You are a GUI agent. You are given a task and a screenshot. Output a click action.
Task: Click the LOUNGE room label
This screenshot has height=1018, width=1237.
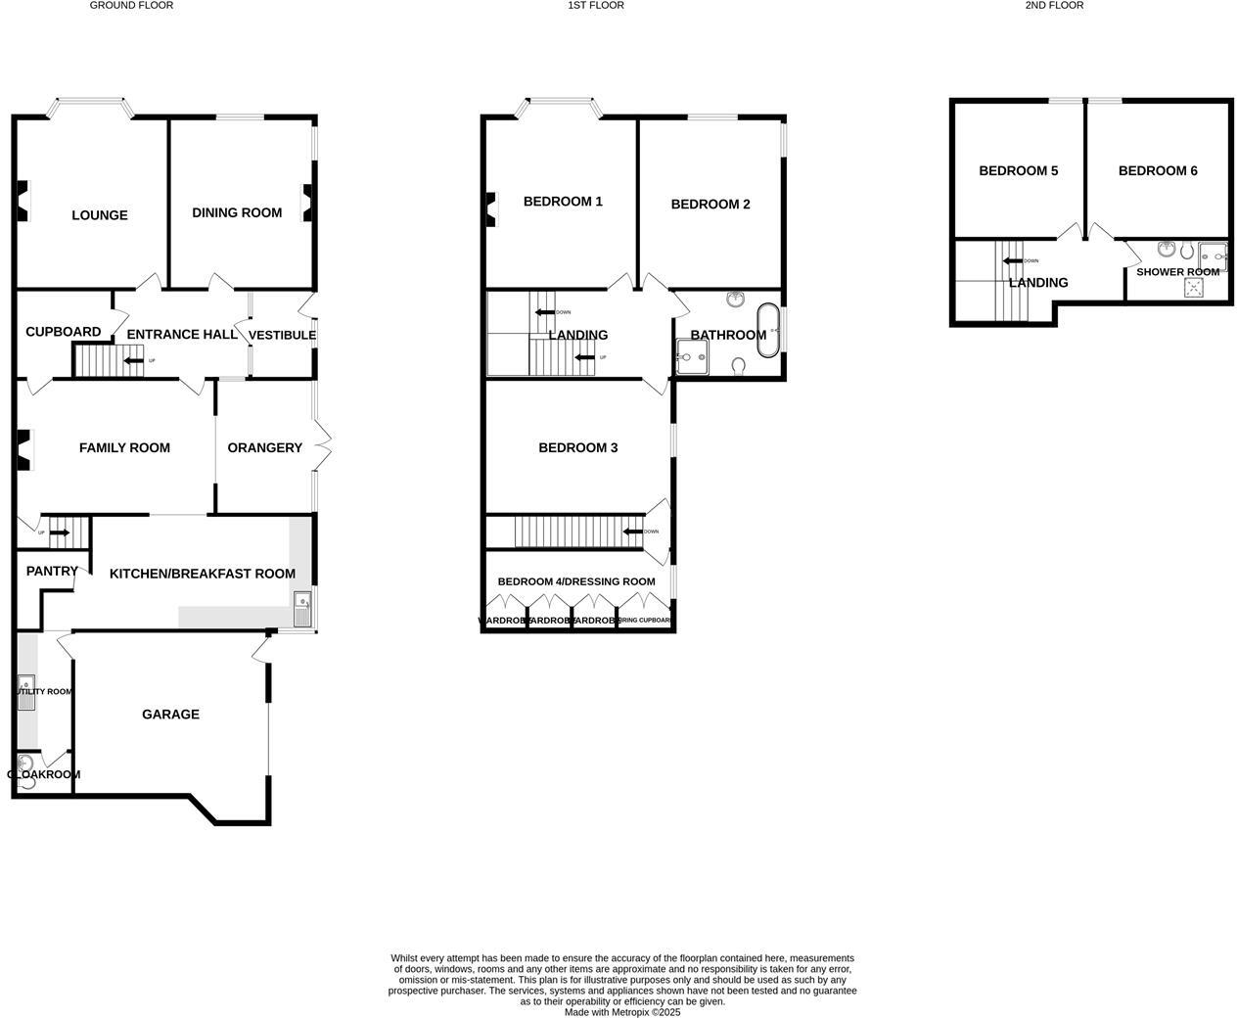(x=99, y=215)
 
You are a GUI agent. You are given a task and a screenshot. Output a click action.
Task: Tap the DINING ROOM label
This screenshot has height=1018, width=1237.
(x=237, y=212)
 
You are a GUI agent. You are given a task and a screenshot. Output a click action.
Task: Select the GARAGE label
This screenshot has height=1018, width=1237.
(x=170, y=715)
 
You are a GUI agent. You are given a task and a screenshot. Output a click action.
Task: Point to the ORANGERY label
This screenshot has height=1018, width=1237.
(x=264, y=447)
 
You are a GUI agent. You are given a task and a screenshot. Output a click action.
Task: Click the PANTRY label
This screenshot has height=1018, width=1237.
(x=52, y=571)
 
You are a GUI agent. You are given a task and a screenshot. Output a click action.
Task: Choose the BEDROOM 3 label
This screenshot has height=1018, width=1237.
(x=577, y=447)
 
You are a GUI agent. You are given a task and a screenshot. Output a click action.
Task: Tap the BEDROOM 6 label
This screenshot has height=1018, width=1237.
(x=1158, y=170)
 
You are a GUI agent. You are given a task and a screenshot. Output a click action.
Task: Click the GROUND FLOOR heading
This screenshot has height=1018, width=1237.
(x=131, y=6)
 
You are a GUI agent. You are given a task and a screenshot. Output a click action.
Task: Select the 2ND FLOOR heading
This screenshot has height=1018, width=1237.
(x=1054, y=6)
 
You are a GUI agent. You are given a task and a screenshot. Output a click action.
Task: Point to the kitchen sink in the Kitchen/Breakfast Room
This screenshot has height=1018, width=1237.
(x=301, y=608)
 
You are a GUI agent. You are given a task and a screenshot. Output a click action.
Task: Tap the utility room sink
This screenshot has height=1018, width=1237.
(x=25, y=685)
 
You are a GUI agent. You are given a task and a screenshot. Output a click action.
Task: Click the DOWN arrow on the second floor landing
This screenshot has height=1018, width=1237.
(x=1011, y=260)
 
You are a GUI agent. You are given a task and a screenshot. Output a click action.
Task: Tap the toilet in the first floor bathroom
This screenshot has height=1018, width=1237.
(x=739, y=366)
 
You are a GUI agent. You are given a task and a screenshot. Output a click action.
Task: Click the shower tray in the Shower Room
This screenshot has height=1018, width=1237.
(x=1194, y=287)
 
